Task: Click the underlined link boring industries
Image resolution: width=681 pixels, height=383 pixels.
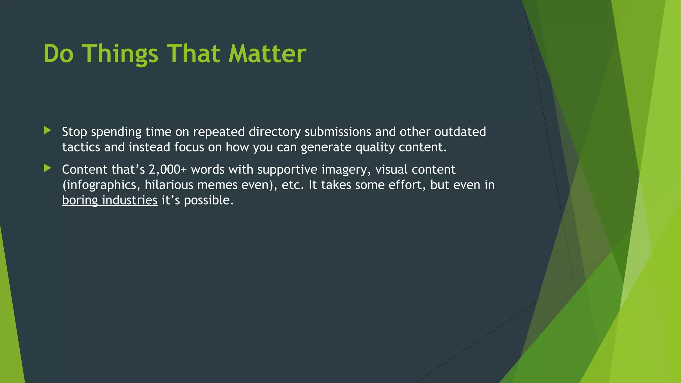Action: (110, 200)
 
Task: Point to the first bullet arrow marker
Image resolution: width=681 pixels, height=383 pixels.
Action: (47, 130)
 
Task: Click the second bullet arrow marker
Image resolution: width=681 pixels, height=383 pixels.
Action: (47, 168)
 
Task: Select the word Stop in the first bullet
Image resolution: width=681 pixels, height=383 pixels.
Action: (74, 132)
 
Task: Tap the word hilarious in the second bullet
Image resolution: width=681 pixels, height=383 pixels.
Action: (169, 185)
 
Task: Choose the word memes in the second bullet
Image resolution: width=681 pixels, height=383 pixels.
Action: (217, 185)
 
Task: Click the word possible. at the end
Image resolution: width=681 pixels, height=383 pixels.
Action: (209, 200)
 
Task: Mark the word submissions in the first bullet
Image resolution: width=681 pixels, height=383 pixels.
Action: (338, 132)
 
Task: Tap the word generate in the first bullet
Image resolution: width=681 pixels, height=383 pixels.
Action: (326, 147)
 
